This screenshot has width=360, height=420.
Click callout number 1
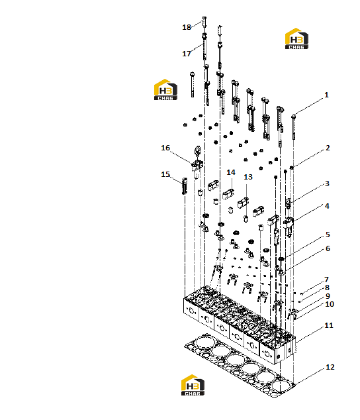(326, 95)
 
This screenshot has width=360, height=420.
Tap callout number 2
(328, 148)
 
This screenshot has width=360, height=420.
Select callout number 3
(327, 184)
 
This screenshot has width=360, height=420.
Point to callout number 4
(327, 206)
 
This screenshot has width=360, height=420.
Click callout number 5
(328, 235)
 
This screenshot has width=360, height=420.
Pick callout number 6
(328, 248)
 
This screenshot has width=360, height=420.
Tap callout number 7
(326, 280)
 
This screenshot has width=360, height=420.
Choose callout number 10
(330, 304)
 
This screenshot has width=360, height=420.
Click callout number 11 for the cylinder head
(329, 325)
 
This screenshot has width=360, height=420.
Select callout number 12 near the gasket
(330, 367)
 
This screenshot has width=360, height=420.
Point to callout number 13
(248, 177)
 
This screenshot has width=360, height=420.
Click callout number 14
(231, 172)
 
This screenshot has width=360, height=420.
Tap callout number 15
(165, 174)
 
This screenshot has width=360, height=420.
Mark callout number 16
(165, 148)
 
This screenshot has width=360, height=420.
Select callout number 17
(187, 54)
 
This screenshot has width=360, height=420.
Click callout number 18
(187, 27)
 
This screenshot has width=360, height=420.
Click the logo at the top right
(296, 38)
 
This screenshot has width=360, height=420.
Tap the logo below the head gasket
(193, 385)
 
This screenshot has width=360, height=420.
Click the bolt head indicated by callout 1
(294, 117)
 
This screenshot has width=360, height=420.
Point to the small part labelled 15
(184, 185)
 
